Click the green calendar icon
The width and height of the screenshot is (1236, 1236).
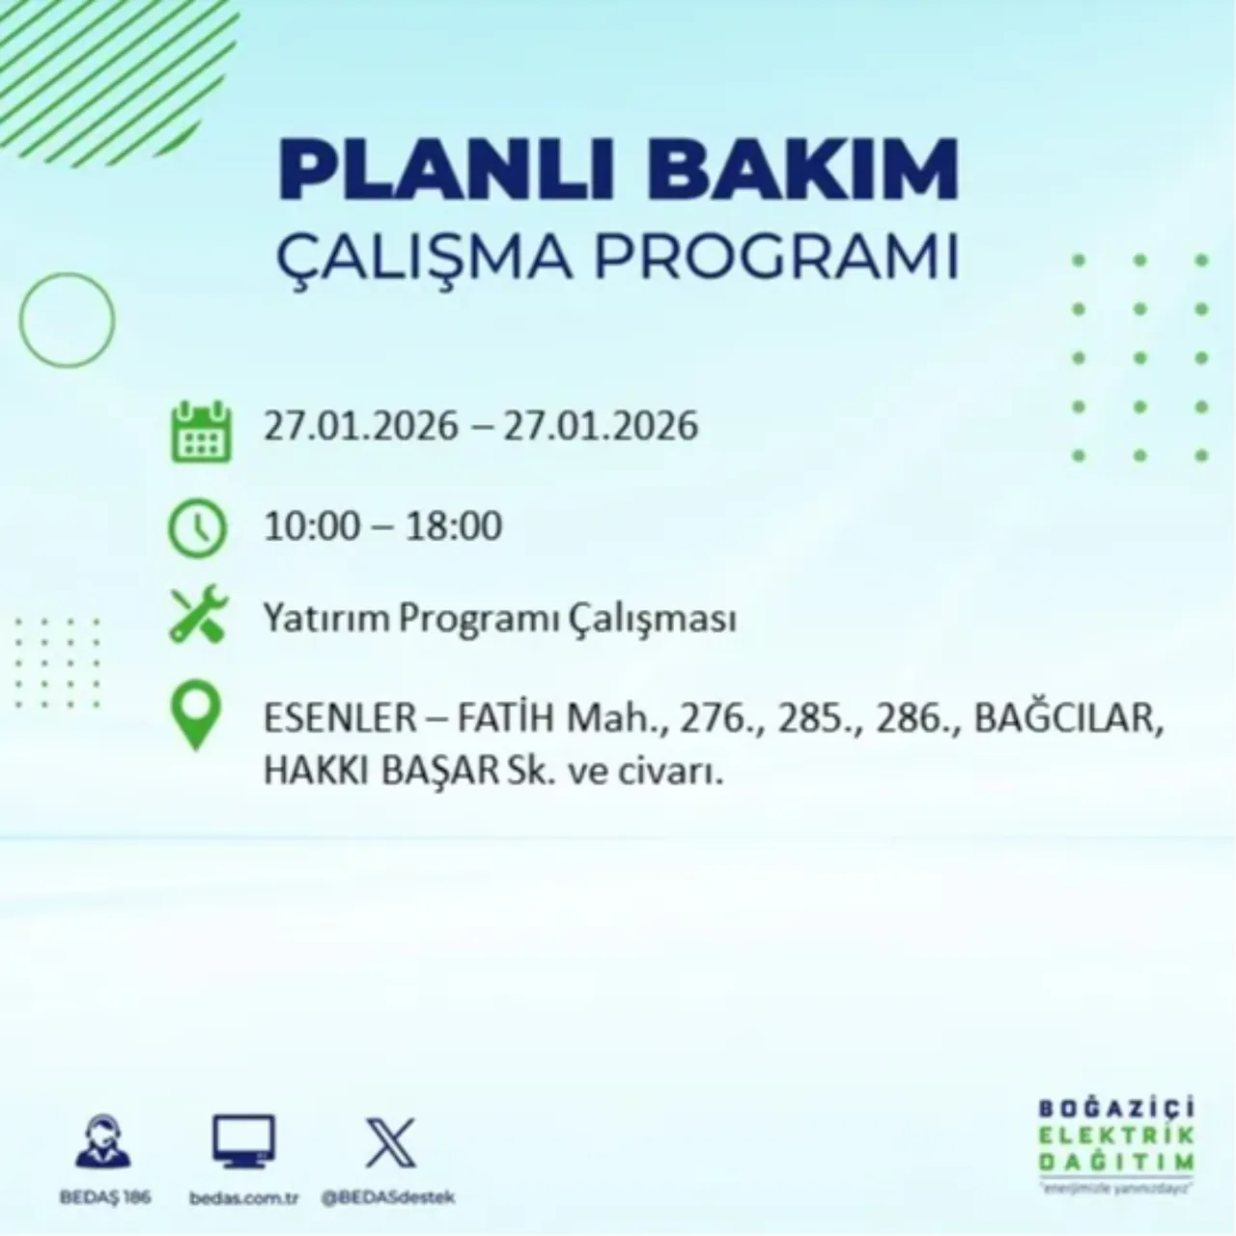point(200,432)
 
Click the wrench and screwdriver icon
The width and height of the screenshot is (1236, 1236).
point(198,616)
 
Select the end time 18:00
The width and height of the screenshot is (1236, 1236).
point(453,527)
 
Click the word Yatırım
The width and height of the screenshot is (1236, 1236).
point(323,619)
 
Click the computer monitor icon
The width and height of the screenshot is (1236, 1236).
point(243,1141)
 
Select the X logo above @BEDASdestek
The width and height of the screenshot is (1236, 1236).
point(390,1143)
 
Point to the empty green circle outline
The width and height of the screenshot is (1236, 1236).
point(67,320)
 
